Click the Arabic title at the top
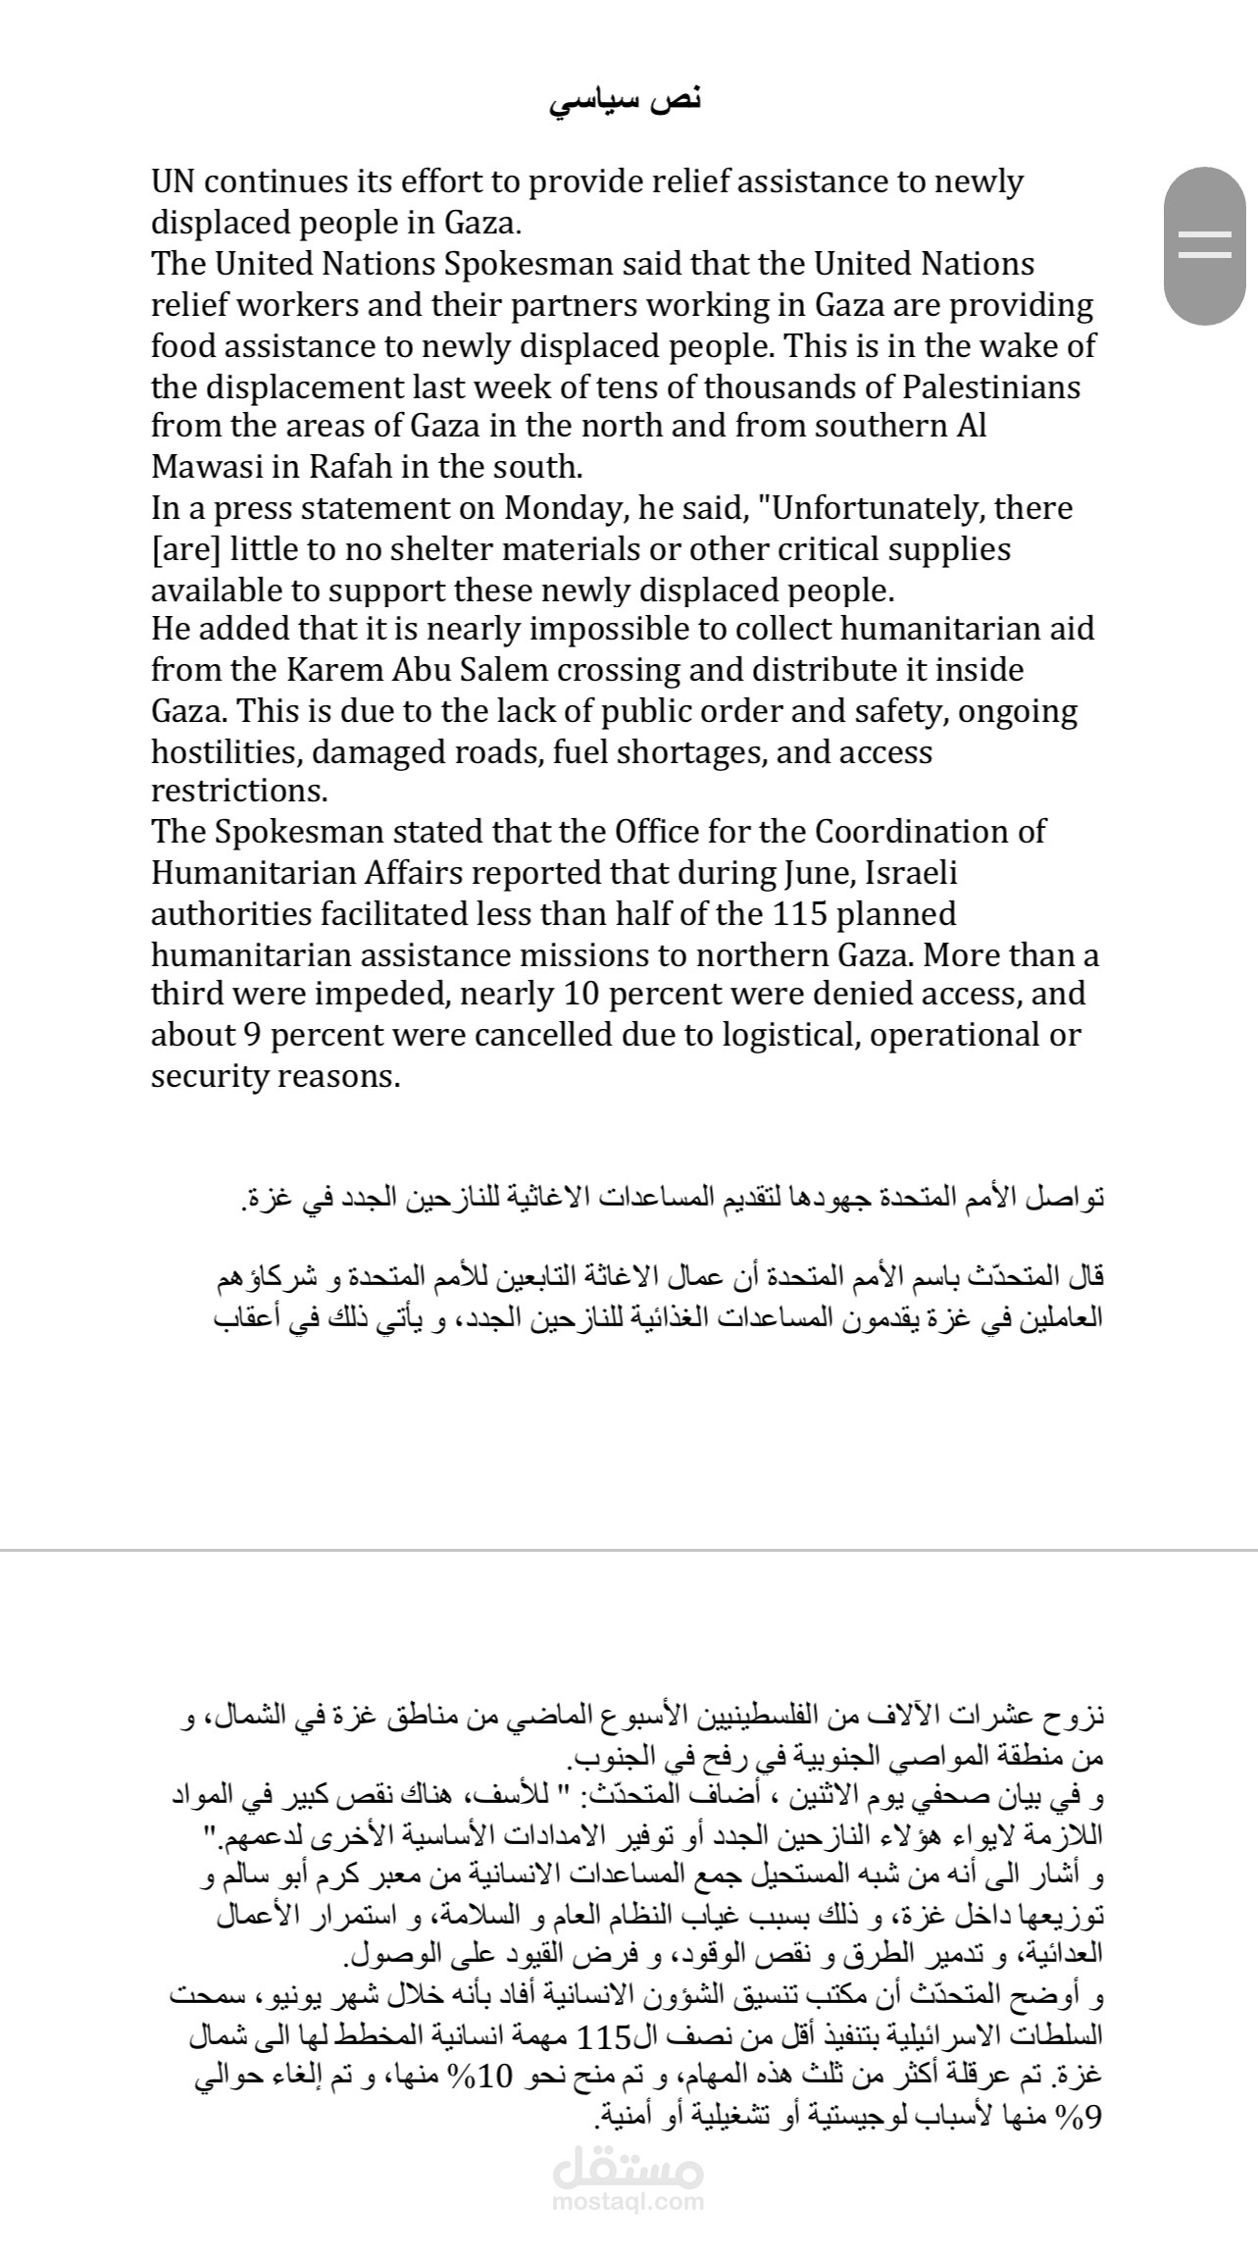click(x=626, y=101)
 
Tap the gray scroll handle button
click(x=1204, y=245)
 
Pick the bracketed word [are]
click(x=184, y=549)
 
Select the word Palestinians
click(x=983, y=386)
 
